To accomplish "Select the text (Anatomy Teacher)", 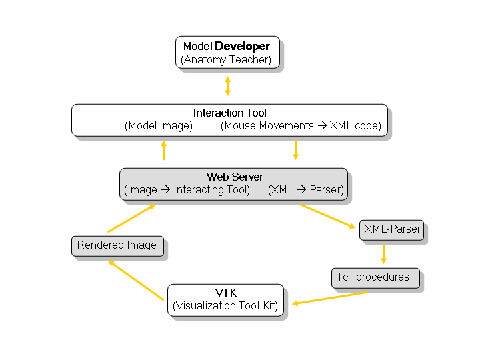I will pyautogui.click(x=226, y=60).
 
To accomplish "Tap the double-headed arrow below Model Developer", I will pyautogui.click(x=227, y=86).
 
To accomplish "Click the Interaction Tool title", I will pyautogui.click(x=230, y=113).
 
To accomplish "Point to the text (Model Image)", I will pyautogui.click(x=159, y=126).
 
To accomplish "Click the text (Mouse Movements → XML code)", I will pyautogui.click(x=301, y=126).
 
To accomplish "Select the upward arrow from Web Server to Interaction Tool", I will pyautogui.click(x=163, y=151).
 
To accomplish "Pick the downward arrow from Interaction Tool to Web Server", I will pyautogui.click(x=295, y=150).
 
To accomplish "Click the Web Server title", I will pyautogui.click(x=235, y=177).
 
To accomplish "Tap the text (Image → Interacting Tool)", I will pyautogui.click(x=187, y=190).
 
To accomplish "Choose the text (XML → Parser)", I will pyautogui.click(x=306, y=190).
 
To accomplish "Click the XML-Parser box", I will pyautogui.click(x=391, y=229).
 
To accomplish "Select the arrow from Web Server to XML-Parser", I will pyautogui.click(x=327, y=216).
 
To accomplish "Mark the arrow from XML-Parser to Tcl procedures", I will pyautogui.click(x=383, y=253).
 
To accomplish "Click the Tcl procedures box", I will pyautogui.click(x=376, y=277).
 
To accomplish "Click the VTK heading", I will pyautogui.click(x=225, y=293).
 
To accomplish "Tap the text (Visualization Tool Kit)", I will pyautogui.click(x=225, y=307).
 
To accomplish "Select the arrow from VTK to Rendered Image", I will pyautogui.click(x=137, y=280).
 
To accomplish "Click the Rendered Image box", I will pyautogui.click(x=117, y=245).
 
